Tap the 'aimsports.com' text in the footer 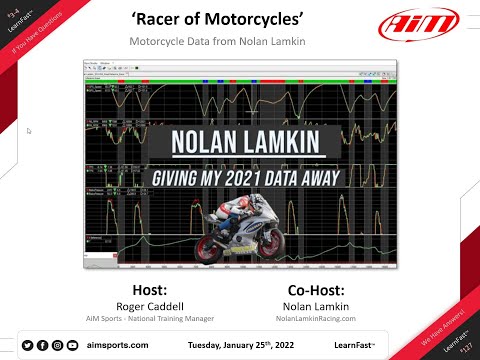coord(118,345)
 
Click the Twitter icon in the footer coord(28,345)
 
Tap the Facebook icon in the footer coord(43,345)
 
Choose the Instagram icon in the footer coord(58,345)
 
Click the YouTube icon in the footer coord(73,345)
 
